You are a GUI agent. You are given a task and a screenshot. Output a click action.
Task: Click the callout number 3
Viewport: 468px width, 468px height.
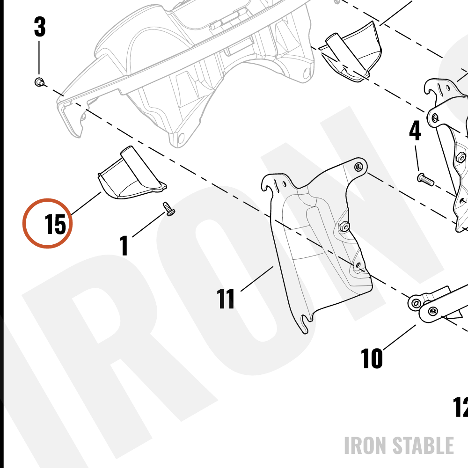[40, 27]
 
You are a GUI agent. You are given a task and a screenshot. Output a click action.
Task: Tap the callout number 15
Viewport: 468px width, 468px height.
[55, 224]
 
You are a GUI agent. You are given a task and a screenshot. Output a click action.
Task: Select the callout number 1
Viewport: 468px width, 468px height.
[124, 245]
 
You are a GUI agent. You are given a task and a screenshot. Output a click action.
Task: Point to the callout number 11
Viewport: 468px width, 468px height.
[226, 298]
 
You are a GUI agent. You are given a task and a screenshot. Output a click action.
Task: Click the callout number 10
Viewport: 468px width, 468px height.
[372, 358]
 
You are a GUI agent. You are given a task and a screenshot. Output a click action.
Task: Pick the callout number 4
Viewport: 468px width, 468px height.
[415, 131]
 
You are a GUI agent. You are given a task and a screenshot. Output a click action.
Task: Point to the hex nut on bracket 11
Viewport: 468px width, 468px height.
[344, 227]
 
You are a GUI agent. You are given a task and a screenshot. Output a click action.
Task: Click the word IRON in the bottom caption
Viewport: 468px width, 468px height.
[366, 446]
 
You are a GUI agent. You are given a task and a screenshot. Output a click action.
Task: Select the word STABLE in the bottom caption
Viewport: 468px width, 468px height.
[423, 446]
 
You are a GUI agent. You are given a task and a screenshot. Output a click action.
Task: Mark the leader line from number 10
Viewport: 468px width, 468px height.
[399, 337]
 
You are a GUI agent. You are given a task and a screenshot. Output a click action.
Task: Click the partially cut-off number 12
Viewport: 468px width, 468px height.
[461, 407]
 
